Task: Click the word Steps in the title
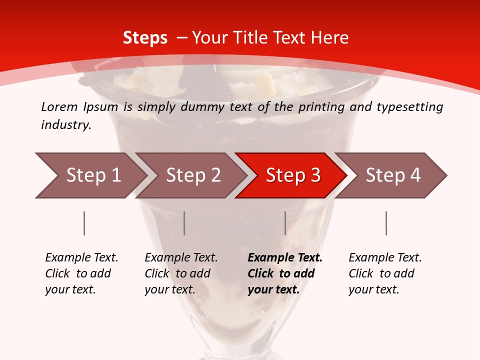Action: (x=145, y=37)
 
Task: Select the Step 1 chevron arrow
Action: (x=93, y=175)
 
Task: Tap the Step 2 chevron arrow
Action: (x=193, y=175)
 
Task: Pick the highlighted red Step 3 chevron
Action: (x=293, y=175)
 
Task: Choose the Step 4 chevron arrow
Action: (x=393, y=175)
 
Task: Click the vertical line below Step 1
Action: (x=84, y=223)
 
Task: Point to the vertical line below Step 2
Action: (x=184, y=223)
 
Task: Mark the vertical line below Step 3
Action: (x=285, y=223)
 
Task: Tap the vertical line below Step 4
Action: (x=386, y=223)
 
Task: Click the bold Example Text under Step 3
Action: (x=285, y=258)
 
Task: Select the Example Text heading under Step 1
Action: (x=81, y=258)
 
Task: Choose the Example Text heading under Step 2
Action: (x=181, y=258)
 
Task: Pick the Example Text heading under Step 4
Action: (x=385, y=258)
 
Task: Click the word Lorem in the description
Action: (x=59, y=106)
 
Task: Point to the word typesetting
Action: (x=409, y=107)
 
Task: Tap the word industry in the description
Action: (x=66, y=125)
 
